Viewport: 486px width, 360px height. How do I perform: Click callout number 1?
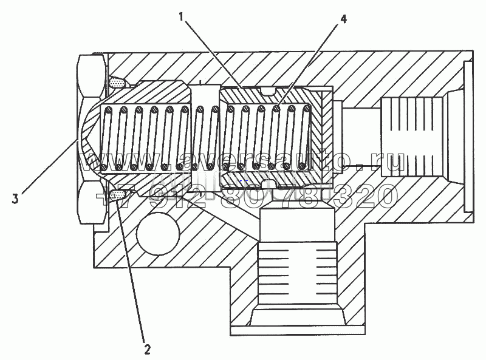click(x=182, y=16)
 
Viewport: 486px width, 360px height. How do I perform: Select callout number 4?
click(x=343, y=19)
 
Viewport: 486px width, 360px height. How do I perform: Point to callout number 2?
click(x=147, y=349)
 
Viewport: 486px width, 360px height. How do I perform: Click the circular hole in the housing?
click(x=158, y=233)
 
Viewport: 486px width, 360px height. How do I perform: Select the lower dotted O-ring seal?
click(x=117, y=194)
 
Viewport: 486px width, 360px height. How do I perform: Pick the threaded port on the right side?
click(x=412, y=137)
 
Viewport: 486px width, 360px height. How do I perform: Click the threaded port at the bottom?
click(x=297, y=272)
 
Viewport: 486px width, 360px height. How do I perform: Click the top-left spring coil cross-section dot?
click(x=109, y=109)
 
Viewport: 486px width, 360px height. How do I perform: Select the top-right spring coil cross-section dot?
click(x=307, y=108)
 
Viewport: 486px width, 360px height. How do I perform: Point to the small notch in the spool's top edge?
click(x=268, y=90)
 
